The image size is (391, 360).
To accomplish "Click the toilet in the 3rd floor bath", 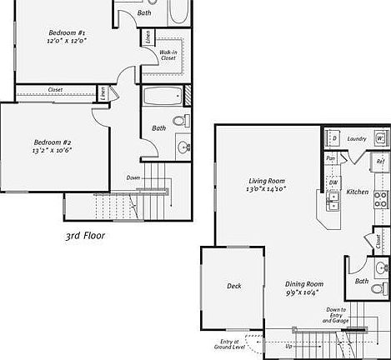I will pyautogui.click(x=183, y=147).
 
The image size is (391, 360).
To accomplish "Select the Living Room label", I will pyautogui.click(x=267, y=181).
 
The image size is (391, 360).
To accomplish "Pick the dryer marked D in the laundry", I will pyautogui.click(x=333, y=138).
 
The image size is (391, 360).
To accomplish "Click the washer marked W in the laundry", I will pyautogui.click(x=379, y=138).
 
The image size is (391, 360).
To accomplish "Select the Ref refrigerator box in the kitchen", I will pyautogui.click(x=379, y=162).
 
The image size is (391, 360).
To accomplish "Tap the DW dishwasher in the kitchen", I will pyautogui.click(x=333, y=182).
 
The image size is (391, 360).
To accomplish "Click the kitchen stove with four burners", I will pyautogui.click(x=380, y=198).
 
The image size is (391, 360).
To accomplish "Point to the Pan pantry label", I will pyautogui.click(x=331, y=157).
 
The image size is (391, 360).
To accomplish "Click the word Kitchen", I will pyautogui.click(x=358, y=192).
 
